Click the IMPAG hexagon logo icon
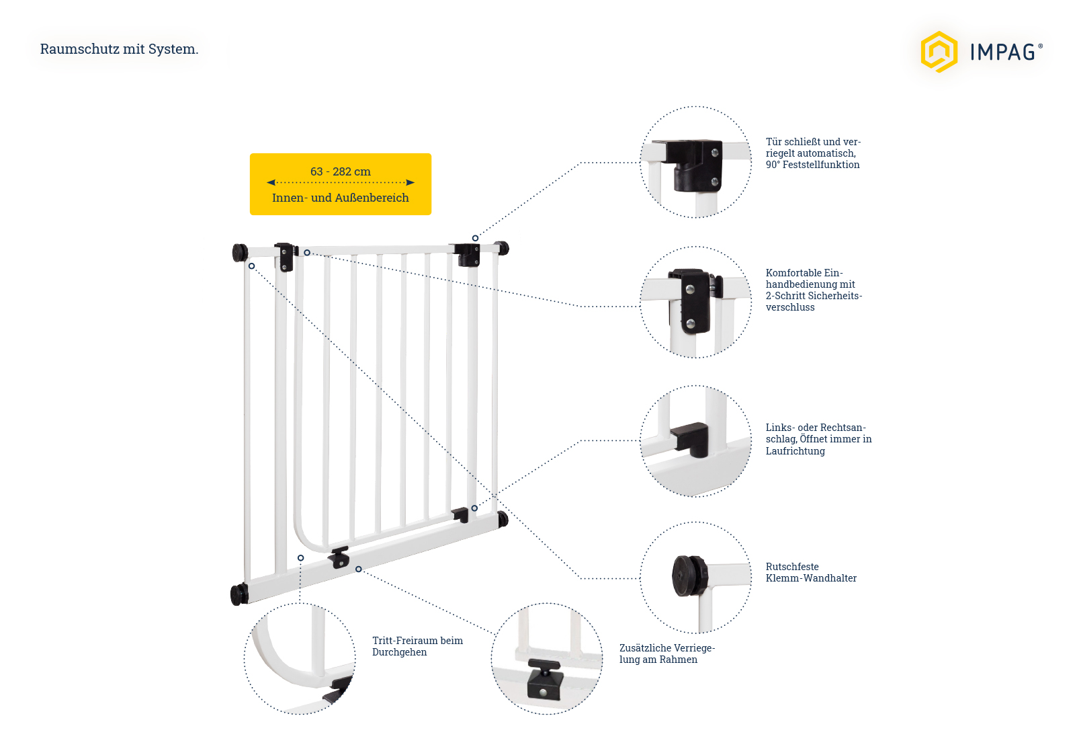pyautogui.click(x=939, y=52)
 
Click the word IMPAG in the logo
pyautogui.click(x=1002, y=52)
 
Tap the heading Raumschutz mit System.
pyautogui.click(x=119, y=49)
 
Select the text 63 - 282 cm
pyautogui.click(x=340, y=171)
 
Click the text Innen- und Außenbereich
pyautogui.click(x=340, y=198)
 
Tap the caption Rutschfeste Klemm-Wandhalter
pyautogui.click(x=810, y=572)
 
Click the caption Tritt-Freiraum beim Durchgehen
pyautogui.click(x=417, y=646)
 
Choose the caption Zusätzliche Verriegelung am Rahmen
pyautogui.click(x=666, y=653)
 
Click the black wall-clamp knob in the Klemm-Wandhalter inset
pyautogui.click(x=689, y=576)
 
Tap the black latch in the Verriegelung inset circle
pyautogui.click(x=544, y=680)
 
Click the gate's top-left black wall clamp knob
pyautogui.click(x=239, y=253)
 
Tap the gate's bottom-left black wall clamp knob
pyautogui.click(x=238, y=594)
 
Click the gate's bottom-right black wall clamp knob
pyautogui.click(x=503, y=519)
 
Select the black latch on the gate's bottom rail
pyautogui.click(x=339, y=557)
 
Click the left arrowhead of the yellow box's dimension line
pyautogui.click(x=271, y=182)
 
